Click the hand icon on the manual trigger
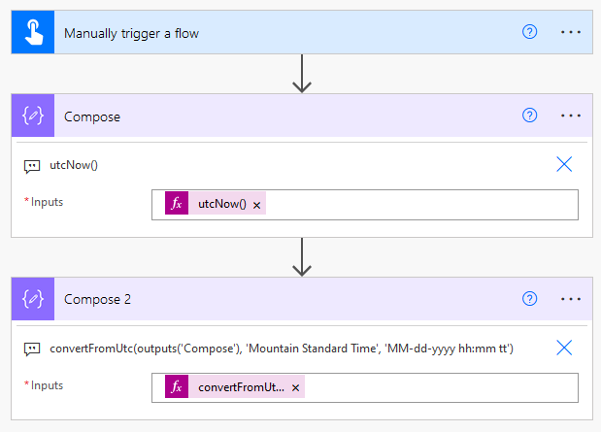[x=34, y=32]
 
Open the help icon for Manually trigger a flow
[x=529, y=32]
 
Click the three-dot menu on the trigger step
[x=571, y=32]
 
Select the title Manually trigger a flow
[x=131, y=33]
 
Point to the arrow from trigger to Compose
[x=302, y=74]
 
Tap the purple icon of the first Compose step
[x=33, y=116]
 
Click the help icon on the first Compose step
[x=529, y=115]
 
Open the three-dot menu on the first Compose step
[x=571, y=116]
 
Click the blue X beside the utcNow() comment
[x=564, y=164]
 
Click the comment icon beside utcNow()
[x=32, y=166]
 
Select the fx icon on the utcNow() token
[x=177, y=203]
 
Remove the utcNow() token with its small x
[x=256, y=206]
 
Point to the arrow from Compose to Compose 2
[x=302, y=257]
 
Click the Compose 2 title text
[x=97, y=299]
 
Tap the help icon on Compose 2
[x=529, y=299]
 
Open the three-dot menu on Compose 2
[x=571, y=299]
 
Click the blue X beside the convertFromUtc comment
[x=564, y=348]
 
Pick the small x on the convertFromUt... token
[x=295, y=388]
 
